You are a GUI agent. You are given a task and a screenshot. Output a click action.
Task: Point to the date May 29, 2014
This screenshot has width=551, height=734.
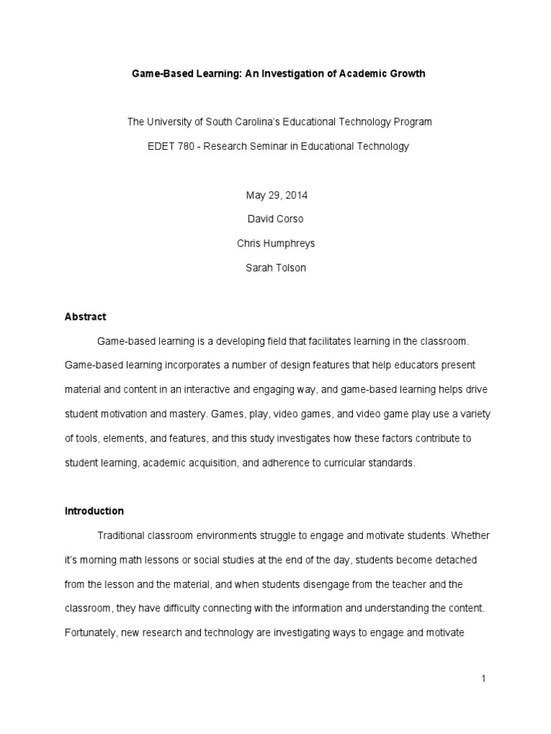click(x=275, y=195)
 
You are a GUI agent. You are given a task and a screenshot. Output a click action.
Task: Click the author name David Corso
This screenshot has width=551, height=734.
click(x=275, y=219)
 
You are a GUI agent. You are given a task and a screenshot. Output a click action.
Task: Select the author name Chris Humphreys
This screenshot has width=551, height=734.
click(x=275, y=244)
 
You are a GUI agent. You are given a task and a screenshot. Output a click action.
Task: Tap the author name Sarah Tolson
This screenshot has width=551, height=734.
click(x=275, y=268)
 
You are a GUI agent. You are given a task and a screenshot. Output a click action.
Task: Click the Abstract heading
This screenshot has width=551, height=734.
click(x=85, y=317)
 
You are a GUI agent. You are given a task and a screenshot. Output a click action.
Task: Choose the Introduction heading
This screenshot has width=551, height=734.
click(x=94, y=511)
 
